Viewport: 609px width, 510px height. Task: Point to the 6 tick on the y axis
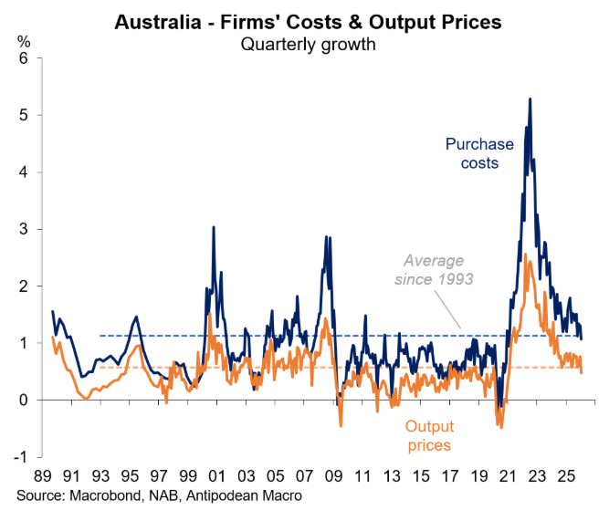tap(24, 58)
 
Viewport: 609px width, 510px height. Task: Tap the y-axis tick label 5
tap(24, 116)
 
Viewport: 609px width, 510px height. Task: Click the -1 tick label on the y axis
tap(22, 457)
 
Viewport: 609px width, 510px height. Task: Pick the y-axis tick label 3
tap(24, 229)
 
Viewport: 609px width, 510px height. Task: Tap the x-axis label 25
tap(566, 476)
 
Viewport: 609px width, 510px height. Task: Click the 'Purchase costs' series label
tap(479, 153)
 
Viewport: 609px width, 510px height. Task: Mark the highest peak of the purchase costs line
tap(530, 99)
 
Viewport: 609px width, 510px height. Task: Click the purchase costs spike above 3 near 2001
tap(214, 227)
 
